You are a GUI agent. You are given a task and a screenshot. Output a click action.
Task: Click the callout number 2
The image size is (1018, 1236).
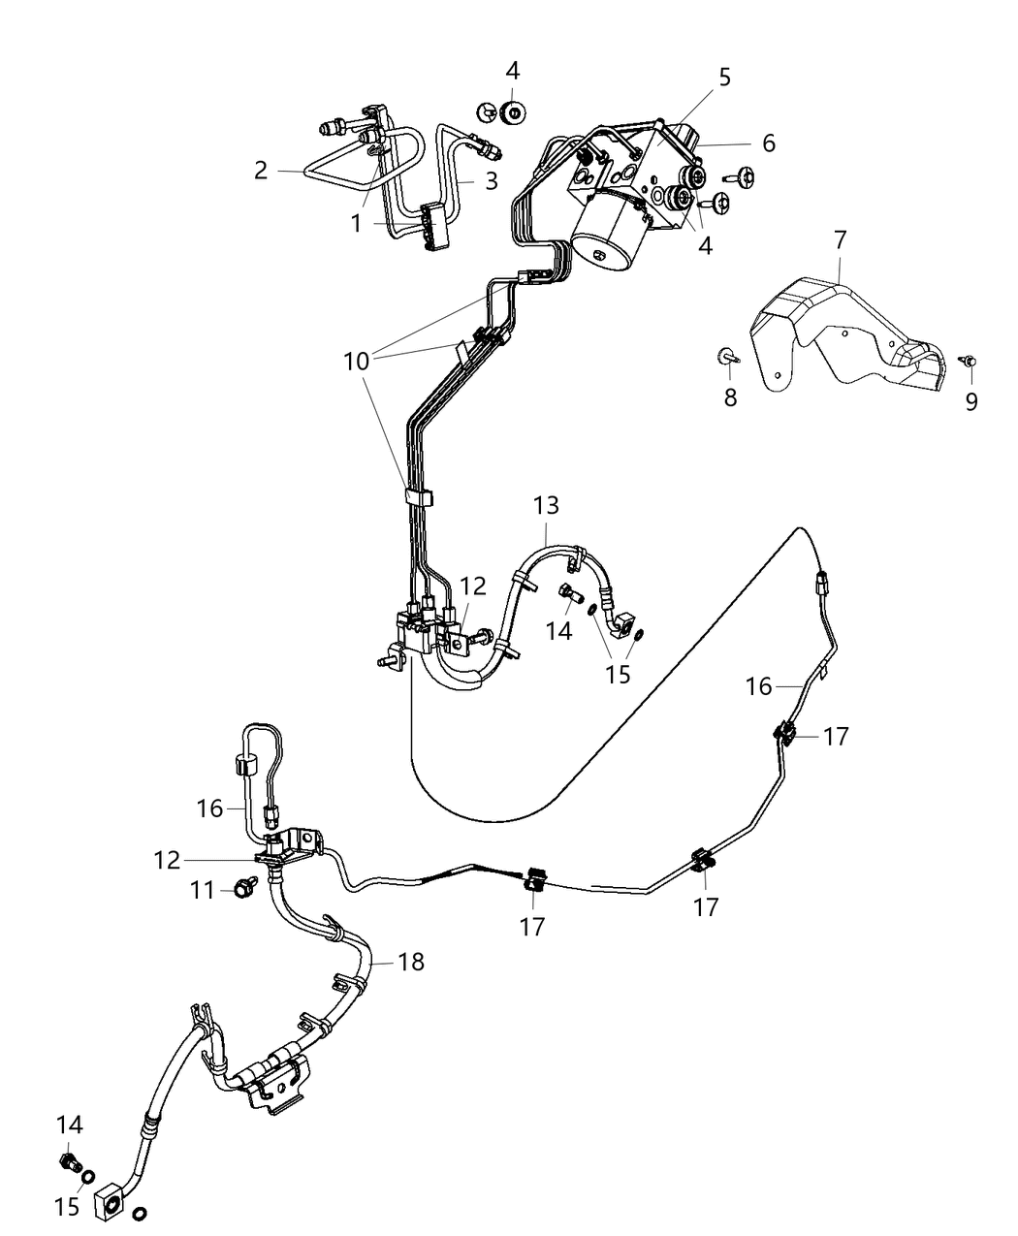[x=261, y=171]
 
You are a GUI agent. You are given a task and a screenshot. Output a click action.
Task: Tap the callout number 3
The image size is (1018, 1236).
[x=492, y=180]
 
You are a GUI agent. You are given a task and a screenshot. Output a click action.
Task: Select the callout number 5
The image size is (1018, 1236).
[x=724, y=77]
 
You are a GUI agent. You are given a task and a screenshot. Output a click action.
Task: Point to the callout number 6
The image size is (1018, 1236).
[x=769, y=143]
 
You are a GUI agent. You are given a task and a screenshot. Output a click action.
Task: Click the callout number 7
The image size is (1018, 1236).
[x=841, y=239]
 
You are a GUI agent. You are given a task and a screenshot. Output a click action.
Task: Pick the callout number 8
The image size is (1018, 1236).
[x=730, y=396]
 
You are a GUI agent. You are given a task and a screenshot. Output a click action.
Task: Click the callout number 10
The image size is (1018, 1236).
[x=356, y=361]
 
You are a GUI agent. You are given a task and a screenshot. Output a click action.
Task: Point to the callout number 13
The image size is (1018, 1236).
[x=546, y=505]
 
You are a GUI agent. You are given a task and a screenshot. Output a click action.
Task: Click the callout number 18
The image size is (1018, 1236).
[x=410, y=962]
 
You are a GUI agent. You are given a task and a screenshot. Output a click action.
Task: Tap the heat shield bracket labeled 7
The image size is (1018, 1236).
[x=853, y=330]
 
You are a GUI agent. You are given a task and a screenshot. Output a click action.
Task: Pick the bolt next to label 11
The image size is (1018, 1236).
[x=243, y=885]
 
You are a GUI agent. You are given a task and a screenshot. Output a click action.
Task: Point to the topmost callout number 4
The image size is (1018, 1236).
[x=513, y=71]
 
